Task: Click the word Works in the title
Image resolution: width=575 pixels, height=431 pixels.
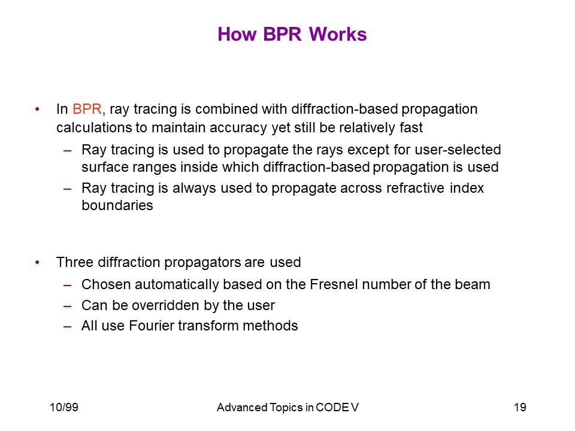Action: [338, 35]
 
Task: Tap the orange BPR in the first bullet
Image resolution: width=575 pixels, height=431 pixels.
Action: [87, 109]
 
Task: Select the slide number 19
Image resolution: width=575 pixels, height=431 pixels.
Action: [520, 407]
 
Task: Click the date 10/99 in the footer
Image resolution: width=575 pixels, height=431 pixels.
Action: [64, 407]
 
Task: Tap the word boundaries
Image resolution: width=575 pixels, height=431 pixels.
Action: [117, 205]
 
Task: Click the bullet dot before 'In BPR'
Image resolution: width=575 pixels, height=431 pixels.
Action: [37, 109]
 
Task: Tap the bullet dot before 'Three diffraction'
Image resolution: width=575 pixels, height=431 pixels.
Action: [37, 262]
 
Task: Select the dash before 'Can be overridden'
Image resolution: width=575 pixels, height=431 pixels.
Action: [67, 306]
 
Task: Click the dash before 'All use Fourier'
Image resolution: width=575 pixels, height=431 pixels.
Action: [67, 326]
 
